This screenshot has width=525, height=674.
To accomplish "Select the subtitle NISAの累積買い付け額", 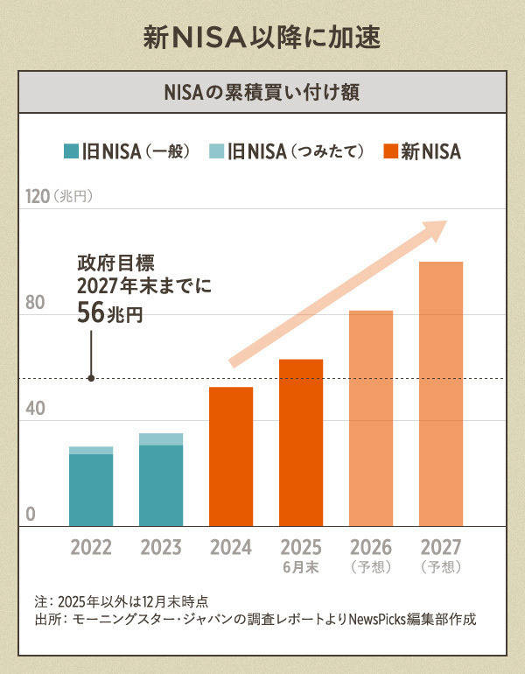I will tap(262, 91).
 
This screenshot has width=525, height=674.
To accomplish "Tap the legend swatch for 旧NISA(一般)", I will tap(71, 151).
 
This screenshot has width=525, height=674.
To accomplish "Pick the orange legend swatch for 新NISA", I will tap(390, 151).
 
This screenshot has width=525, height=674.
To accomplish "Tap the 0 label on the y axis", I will tap(30, 514).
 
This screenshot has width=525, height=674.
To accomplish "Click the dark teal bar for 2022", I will tap(91, 490).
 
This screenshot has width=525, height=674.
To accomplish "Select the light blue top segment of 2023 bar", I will tap(161, 439).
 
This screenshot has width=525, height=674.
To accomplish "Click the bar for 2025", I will tap(301, 442).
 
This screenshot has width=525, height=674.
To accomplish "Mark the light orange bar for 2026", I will tap(371, 418).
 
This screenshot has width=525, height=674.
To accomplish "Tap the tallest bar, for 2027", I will tap(441, 394).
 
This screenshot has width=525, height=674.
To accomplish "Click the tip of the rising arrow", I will tap(444, 224).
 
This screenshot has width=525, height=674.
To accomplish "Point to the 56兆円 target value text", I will tap(108, 314).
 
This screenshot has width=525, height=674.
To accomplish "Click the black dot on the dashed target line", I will tap(91, 378).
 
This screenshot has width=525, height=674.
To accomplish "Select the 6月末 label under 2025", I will tap(301, 566).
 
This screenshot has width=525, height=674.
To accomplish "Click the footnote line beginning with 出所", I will tap(254, 621).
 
